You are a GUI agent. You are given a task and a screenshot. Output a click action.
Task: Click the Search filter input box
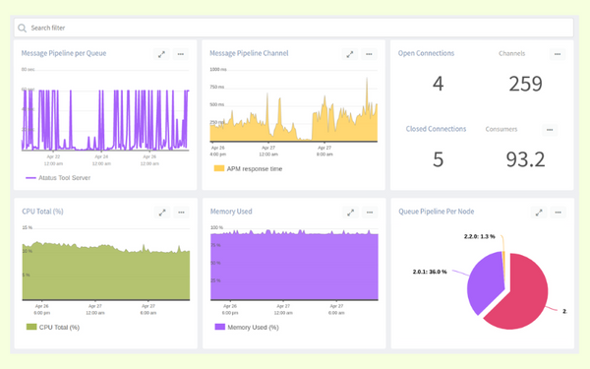(x=295, y=29)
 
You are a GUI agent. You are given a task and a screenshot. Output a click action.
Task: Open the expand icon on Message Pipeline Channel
(x=349, y=54)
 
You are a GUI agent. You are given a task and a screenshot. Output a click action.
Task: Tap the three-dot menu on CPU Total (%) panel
(x=181, y=212)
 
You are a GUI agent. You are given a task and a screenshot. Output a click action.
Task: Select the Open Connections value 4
(x=438, y=85)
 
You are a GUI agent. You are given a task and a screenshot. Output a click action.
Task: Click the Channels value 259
(x=526, y=85)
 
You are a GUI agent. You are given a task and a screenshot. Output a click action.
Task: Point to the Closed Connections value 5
(x=438, y=158)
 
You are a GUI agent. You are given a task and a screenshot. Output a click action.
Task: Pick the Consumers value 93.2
(x=526, y=158)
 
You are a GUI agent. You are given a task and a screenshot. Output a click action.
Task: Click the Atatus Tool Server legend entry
(x=66, y=178)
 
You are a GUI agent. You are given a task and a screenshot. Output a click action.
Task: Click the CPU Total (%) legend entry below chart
(x=58, y=327)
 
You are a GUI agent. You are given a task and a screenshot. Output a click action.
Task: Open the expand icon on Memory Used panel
(x=349, y=212)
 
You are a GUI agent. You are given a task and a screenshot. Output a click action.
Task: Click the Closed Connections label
(x=436, y=129)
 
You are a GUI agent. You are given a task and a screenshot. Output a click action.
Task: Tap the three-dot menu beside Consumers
(x=550, y=129)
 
